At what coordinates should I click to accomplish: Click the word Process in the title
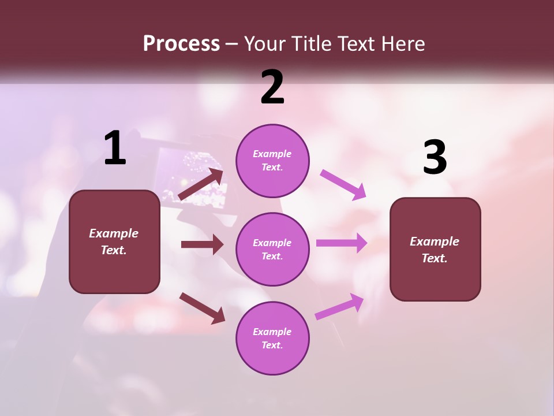[181, 43]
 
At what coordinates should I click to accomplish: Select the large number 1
[115, 148]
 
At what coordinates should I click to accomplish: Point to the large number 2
[272, 87]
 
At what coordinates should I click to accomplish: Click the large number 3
[435, 157]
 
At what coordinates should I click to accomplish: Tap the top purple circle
[272, 161]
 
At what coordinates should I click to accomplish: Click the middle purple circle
[272, 249]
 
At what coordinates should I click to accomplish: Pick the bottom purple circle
[272, 338]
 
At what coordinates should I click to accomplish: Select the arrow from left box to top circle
[201, 184]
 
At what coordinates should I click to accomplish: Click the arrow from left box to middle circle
[202, 244]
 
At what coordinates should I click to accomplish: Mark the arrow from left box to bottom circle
[203, 308]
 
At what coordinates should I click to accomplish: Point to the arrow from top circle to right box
[343, 184]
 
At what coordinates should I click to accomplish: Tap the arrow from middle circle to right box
[342, 243]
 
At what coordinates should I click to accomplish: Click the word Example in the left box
[114, 233]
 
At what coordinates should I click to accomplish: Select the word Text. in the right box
[435, 258]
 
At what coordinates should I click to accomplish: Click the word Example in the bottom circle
[272, 332]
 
